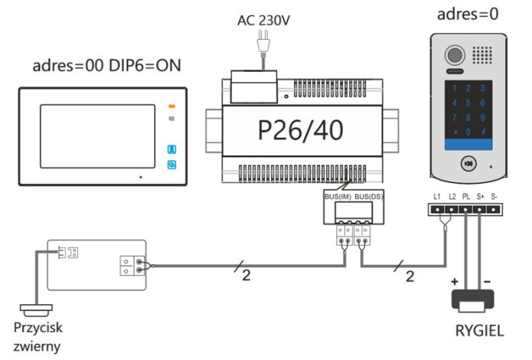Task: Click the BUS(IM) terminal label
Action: click(x=338, y=197)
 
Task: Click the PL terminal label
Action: click(x=466, y=198)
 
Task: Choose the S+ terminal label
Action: click(x=480, y=198)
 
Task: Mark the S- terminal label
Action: click(x=494, y=198)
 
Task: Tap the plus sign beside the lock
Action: click(x=455, y=283)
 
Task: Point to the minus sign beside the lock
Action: click(x=487, y=283)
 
